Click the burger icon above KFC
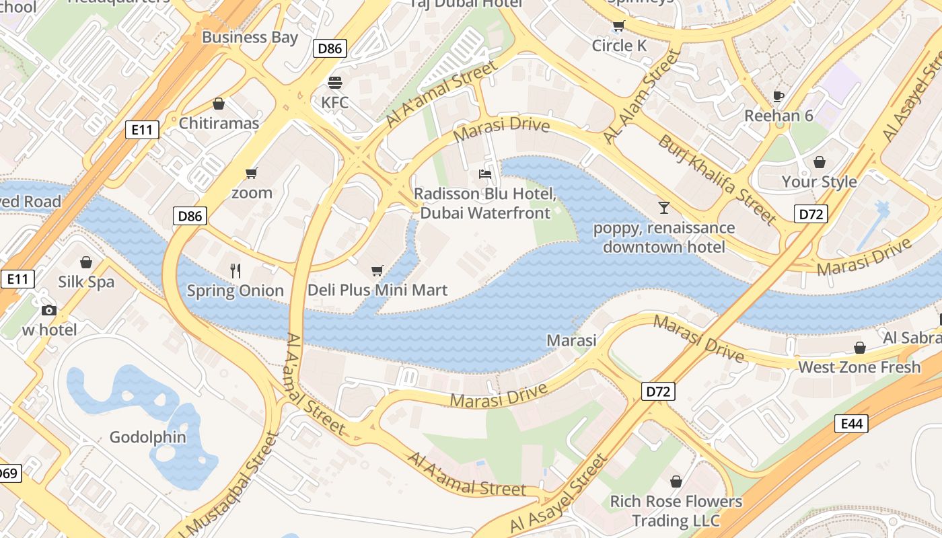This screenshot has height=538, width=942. click(x=334, y=83)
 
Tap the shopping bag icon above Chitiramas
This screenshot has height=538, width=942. click(x=218, y=104)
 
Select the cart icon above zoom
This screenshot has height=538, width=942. click(x=252, y=174)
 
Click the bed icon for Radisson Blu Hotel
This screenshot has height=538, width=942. click(x=484, y=174)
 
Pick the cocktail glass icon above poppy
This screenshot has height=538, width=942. click(x=664, y=208)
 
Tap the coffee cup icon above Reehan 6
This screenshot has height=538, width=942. click(x=778, y=96)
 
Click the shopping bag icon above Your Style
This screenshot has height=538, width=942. click(x=819, y=162)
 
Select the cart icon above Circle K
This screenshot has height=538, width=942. click(x=618, y=26)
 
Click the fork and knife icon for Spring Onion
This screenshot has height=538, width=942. click(x=235, y=271)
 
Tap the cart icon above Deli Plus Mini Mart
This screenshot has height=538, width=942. click(x=377, y=270)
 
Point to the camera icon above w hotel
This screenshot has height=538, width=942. click(x=49, y=310)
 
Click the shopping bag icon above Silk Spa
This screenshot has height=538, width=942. click(x=85, y=262)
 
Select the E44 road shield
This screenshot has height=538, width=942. click(x=851, y=424)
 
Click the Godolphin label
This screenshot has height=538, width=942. click(x=148, y=437)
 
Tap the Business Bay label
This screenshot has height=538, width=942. click(x=250, y=37)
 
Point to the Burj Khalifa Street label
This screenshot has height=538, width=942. click(x=717, y=179)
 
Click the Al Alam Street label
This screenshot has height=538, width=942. click(x=642, y=95)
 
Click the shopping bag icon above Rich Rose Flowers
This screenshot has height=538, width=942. click(x=676, y=482)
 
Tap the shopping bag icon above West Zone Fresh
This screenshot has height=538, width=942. click(x=859, y=348)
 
